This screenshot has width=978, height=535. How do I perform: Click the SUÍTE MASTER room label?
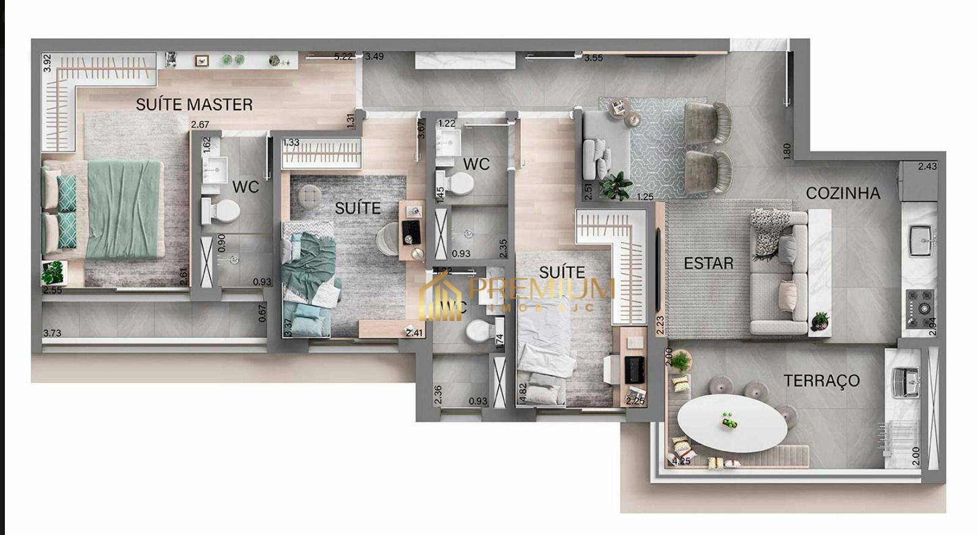click(194, 105)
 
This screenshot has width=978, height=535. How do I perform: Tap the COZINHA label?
click(843, 193)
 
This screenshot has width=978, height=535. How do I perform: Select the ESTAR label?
click(708, 264)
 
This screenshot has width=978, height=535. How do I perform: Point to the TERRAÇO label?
click(821, 381)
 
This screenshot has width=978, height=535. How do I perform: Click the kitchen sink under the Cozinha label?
click(920, 238)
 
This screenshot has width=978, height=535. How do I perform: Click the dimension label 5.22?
click(343, 57)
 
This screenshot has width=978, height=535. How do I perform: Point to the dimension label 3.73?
click(52, 333)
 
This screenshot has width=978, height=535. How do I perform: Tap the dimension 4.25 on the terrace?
click(681, 461)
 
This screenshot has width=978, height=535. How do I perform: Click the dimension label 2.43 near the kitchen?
click(927, 166)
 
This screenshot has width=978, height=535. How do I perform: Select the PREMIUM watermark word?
click(542, 287)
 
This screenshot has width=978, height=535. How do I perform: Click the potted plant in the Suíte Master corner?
click(53, 271)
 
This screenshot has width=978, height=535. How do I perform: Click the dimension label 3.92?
click(47, 64)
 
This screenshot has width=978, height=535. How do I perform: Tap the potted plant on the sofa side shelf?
click(819, 321)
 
